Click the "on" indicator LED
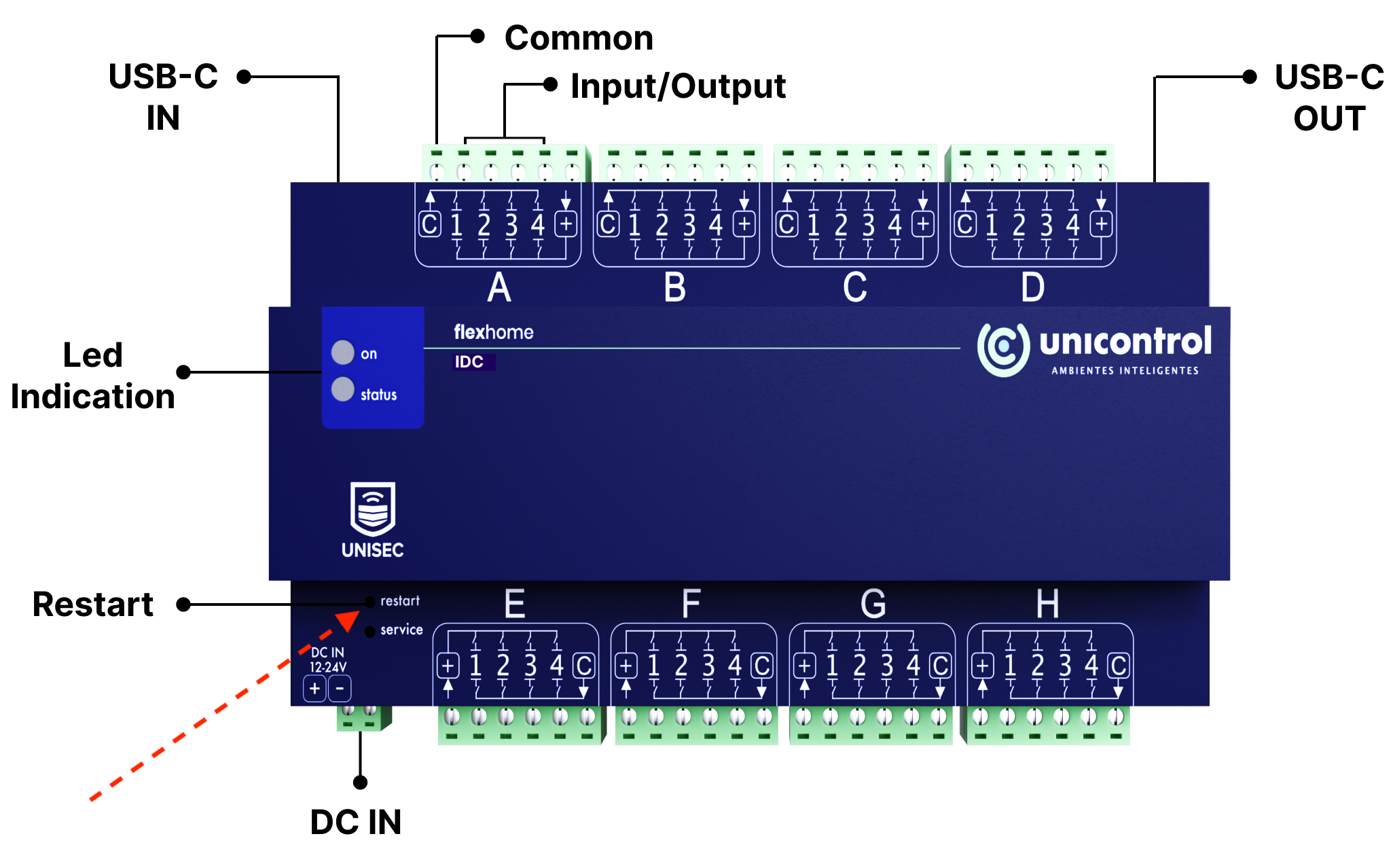(x=343, y=353)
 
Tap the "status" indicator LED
(x=343, y=389)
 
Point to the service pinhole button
(x=370, y=632)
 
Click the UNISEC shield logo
(x=372, y=509)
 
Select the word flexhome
(x=494, y=332)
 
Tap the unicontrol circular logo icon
(x=1003, y=348)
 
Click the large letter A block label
(x=499, y=287)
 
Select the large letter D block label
(x=1032, y=287)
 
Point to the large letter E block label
(x=515, y=603)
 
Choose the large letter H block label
(x=1047, y=603)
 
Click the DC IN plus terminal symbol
(x=314, y=689)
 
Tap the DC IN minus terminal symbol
(x=340, y=689)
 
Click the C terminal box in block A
(x=429, y=224)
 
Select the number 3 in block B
(x=689, y=224)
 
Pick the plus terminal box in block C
(x=922, y=224)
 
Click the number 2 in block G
(x=860, y=666)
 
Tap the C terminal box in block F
(x=762, y=666)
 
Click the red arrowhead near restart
(x=348, y=620)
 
